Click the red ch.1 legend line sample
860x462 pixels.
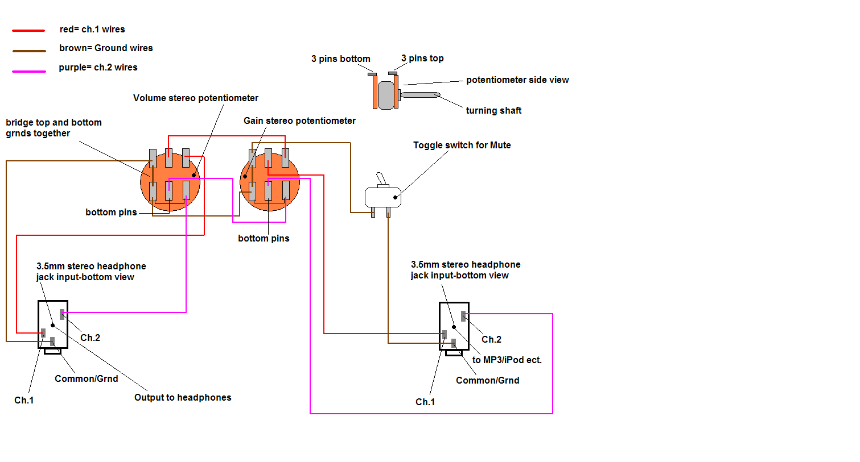[28, 30]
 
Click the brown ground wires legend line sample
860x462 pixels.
[29, 51]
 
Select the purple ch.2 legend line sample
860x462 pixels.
[29, 72]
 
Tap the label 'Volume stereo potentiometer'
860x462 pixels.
[195, 98]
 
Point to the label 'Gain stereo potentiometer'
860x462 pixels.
[299, 121]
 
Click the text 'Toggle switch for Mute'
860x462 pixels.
[462, 145]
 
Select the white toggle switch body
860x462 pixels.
[382, 197]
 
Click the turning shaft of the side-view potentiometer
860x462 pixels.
[420, 95]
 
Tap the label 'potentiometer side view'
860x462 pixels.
[517, 80]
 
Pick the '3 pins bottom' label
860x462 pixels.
[340, 59]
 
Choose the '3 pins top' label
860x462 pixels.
[422, 59]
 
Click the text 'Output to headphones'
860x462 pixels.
[183, 398]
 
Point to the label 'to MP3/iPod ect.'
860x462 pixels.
[507, 360]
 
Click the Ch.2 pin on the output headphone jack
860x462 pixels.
[62, 314]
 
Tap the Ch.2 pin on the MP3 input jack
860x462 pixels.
[463, 316]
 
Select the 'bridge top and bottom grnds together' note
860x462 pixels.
[54, 128]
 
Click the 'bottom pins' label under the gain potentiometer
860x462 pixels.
[264, 239]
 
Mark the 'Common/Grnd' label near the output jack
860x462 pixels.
[87, 379]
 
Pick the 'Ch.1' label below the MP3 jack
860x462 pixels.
[425, 402]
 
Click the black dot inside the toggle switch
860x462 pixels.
[395, 197]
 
